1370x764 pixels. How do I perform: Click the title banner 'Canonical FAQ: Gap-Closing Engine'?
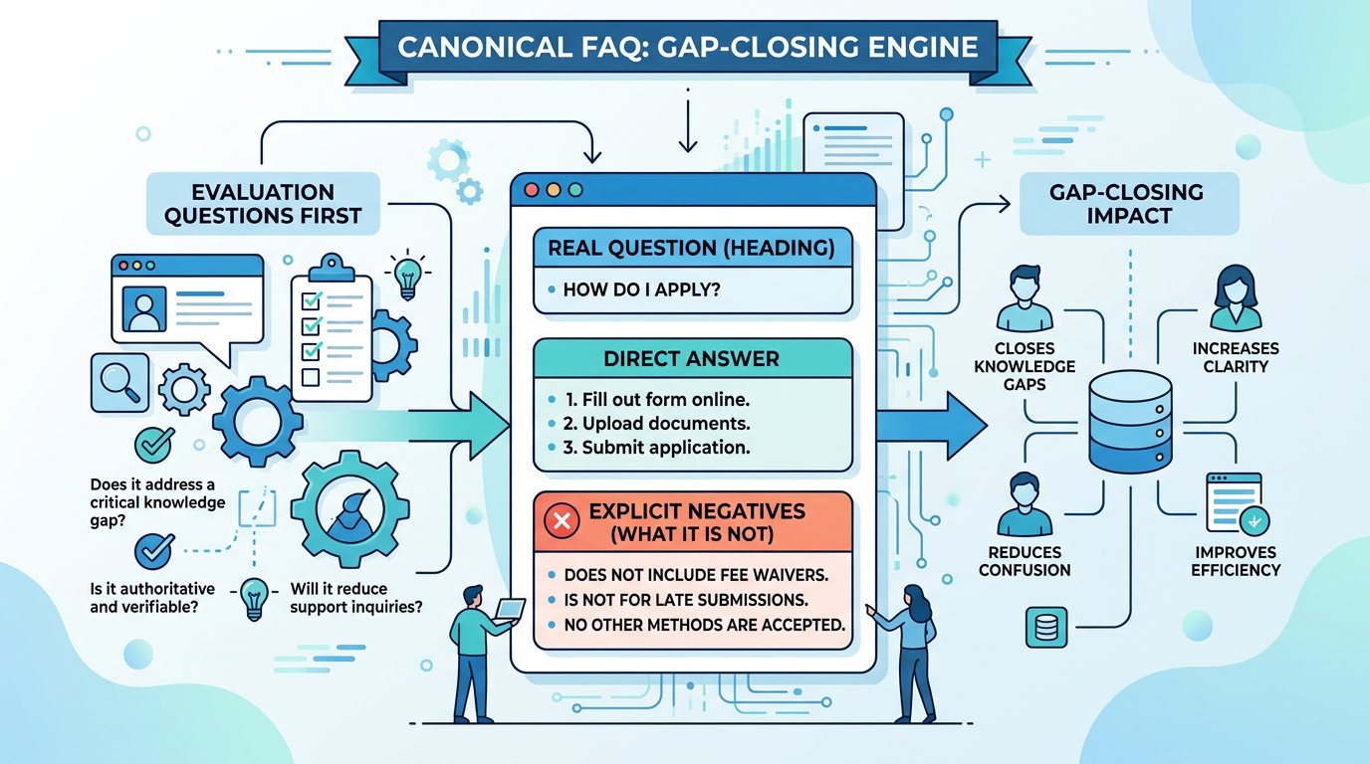tap(687, 47)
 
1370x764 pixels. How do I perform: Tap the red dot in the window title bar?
tap(530, 190)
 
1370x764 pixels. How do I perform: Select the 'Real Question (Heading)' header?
tap(693, 248)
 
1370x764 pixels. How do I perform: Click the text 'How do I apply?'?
tap(641, 290)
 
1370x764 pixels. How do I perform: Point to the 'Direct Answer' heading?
tap(691, 357)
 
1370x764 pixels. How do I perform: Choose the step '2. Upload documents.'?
tap(656, 424)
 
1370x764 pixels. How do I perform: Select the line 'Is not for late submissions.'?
tap(685, 600)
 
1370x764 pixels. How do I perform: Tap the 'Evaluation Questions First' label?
tap(263, 204)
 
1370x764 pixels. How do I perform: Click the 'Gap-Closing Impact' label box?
tap(1129, 203)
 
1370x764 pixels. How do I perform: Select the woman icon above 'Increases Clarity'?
tap(1236, 296)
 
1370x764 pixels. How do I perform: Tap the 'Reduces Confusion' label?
tap(1025, 561)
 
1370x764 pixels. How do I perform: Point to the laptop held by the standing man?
tap(510, 608)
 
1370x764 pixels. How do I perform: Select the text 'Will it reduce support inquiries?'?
tap(353, 597)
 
